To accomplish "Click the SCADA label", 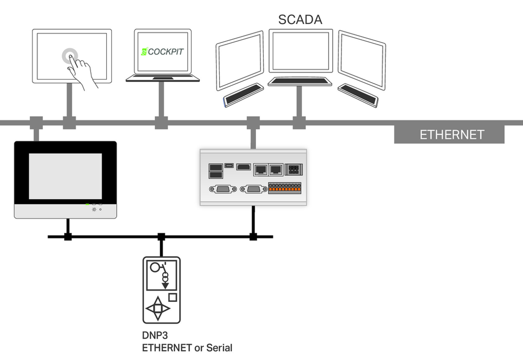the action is [x=300, y=20].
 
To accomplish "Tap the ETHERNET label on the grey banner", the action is [x=452, y=135].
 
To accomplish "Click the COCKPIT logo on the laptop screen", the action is [x=163, y=51].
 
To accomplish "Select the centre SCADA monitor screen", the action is [x=301, y=51].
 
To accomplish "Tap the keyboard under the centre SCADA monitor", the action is [x=300, y=81].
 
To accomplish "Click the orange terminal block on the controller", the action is [x=285, y=188].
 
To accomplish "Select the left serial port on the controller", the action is [x=223, y=189].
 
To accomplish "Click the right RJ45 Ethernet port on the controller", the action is [x=276, y=170].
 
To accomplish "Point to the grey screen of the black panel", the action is [x=65, y=176].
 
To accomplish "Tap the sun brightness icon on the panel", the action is [x=94, y=209].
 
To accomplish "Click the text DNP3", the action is [x=155, y=335].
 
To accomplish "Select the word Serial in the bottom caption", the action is [x=219, y=348].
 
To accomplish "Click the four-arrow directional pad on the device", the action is [x=158, y=308].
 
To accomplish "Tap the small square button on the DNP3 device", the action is [x=173, y=297].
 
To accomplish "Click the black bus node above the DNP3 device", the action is [x=162, y=237].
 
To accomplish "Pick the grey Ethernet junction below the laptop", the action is [x=162, y=123].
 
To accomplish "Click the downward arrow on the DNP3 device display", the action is [x=165, y=285].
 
